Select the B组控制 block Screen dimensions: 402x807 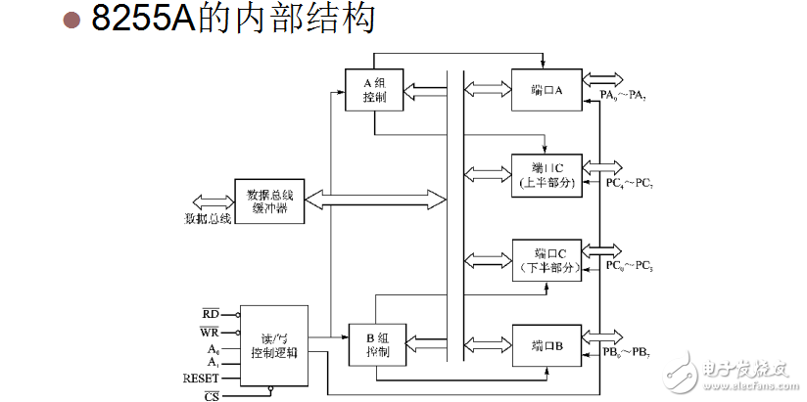[x=376, y=342]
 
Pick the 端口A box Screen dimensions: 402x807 [x=546, y=90]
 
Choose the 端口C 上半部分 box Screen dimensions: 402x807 [x=546, y=173]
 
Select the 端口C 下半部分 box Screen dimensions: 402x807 [x=546, y=258]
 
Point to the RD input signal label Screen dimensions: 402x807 [x=210, y=314]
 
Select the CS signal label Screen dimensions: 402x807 [x=211, y=395]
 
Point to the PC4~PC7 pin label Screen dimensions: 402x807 [x=627, y=183]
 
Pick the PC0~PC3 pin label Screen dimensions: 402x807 [x=627, y=265]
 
